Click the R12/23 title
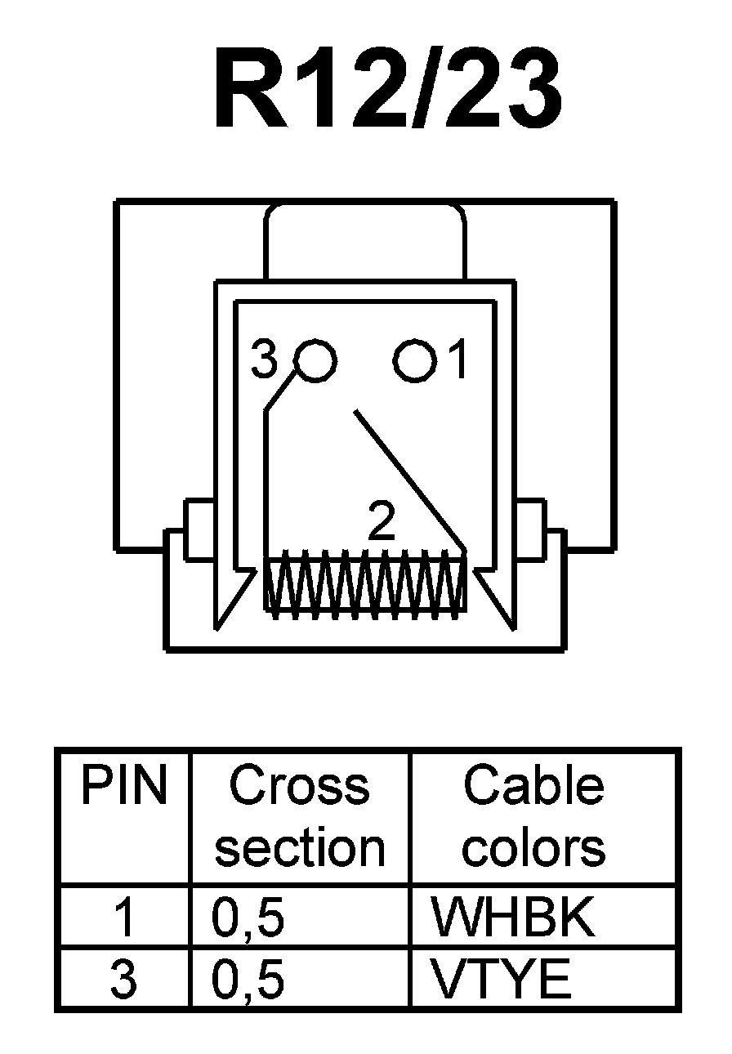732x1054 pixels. (387, 90)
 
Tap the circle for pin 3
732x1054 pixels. (315, 360)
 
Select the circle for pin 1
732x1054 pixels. (414, 360)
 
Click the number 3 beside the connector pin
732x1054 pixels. (264, 360)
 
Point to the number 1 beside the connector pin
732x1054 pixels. (458, 360)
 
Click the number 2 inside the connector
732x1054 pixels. (382, 523)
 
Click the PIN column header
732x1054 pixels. (123, 786)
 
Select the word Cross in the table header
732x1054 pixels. (299, 786)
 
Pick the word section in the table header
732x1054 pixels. (299, 848)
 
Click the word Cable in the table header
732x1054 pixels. (533, 786)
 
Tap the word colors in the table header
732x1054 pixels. (533, 848)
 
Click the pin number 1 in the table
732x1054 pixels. (123, 919)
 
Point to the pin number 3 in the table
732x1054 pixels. (123, 980)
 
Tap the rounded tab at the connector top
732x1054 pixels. (365, 241)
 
